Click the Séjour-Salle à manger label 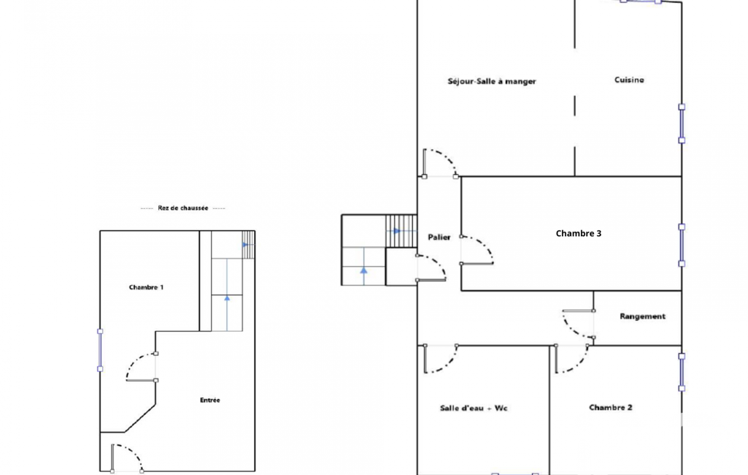492,81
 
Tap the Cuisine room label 629,80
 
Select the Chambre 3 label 578,233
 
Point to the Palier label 439,237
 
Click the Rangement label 642,316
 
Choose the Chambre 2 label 611,408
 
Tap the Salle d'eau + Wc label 473,408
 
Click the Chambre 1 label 146,287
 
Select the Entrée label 210,400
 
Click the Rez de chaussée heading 182,208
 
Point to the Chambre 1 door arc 134,361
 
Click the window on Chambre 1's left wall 100,350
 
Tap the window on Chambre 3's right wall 682,245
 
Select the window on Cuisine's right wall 682,123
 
